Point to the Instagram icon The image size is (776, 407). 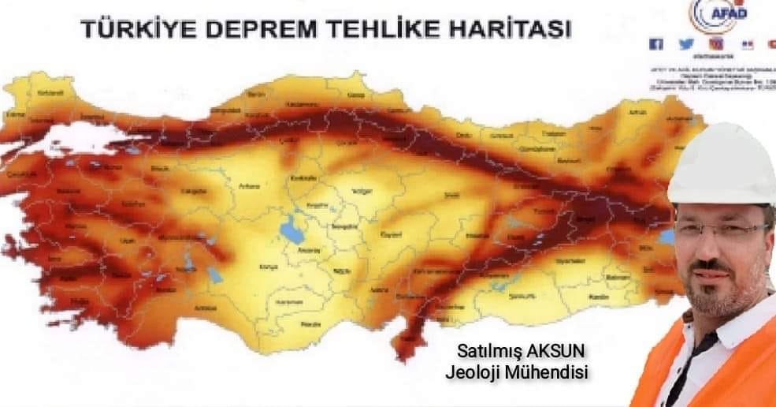pyautogui.click(x=715, y=44)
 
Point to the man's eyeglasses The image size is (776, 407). pyautogui.click(x=721, y=230)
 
